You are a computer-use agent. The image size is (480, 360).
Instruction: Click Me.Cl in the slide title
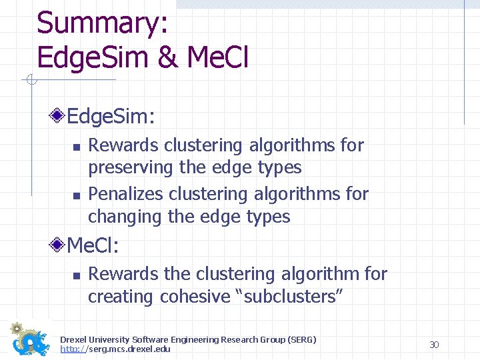tap(218, 57)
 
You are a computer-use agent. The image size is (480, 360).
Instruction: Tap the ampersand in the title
tap(169, 57)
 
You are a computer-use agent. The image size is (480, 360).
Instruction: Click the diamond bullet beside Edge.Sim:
tap(59, 117)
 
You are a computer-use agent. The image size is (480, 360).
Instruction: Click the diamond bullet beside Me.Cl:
tap(59, 246)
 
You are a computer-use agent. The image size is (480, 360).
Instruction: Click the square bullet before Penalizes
tap(77, 195)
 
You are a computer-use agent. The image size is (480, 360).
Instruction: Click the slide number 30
tap(434, 345)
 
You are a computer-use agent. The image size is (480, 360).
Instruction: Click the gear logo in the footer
tap(30, 340)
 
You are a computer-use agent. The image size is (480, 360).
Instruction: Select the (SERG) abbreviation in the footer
tap(301, 340)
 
